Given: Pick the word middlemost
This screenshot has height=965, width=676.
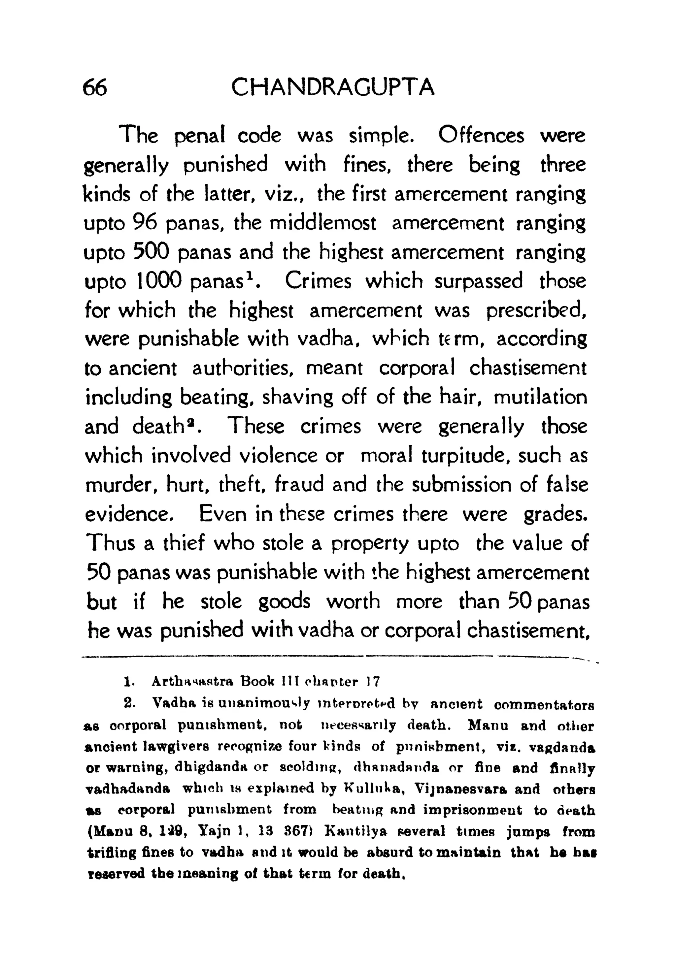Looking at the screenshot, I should [x=322, y=223].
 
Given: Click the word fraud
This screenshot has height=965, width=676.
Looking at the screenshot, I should [x=299, y=485].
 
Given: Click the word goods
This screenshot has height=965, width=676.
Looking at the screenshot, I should [x=284, y=602].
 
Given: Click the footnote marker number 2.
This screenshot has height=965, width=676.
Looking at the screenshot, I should [x=129, y=703].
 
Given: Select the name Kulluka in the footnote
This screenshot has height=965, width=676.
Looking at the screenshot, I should [x=374, y=789].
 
